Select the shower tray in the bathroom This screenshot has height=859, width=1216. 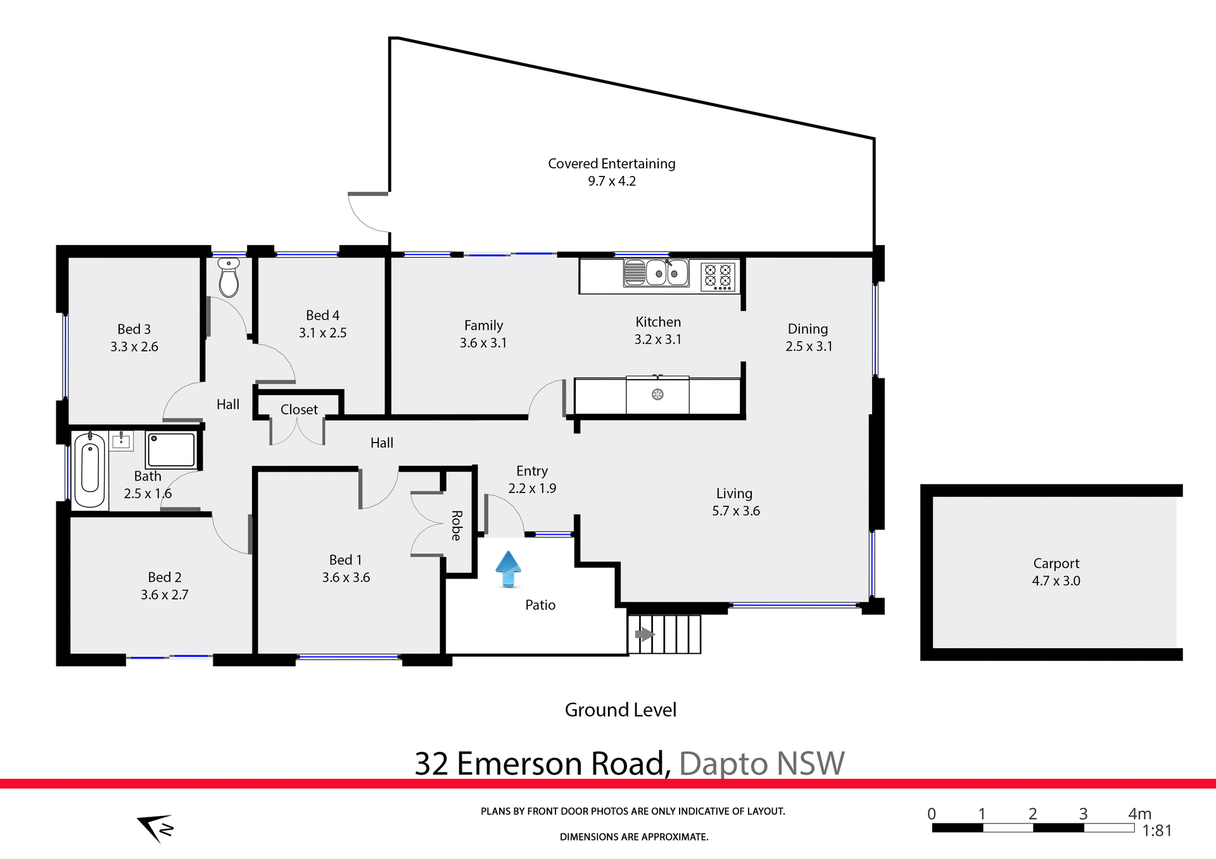pyautogui.click(x=171, y=449)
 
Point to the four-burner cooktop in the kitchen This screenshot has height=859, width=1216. pyautogui.click(x=718, y=277)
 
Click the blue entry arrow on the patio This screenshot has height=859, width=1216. pyautogui.click(x=508, y=568)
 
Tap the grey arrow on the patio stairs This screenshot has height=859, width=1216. pyautogui.click(x=644, y=634)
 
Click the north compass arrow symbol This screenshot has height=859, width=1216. pyautogui.click(x=156, y=827)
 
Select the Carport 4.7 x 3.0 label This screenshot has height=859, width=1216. pyautogui.click(x=1056, y=572)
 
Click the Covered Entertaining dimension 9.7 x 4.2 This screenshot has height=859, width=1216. pyautogui.click(x=611, y=181)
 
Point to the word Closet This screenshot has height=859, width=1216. pyautogui.click(x=299, y=410)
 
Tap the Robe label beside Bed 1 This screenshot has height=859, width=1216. pyautogui.click(x=457, y=525)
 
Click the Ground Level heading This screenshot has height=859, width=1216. pyautogui.click(x=620, y=710)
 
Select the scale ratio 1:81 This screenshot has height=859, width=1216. pyautogui.click(x=1156, y=831)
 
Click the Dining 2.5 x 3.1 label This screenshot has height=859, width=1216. pyautogui.click(x=808, y=337)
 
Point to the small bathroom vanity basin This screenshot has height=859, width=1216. pyautogui.click(x=121, y=441)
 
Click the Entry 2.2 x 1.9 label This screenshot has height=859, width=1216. pyautogui.click(x=532, y=479)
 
